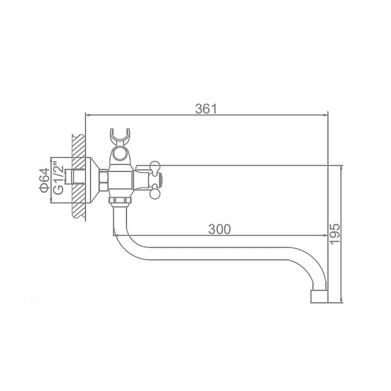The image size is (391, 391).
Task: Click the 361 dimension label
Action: (x=206, y=109)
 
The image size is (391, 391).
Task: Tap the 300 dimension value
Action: (x=220, y=229)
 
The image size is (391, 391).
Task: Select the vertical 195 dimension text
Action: (x=334, y=234)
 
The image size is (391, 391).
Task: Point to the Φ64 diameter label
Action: (x=44, y=180)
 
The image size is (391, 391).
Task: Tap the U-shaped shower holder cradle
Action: (x=120, y=137)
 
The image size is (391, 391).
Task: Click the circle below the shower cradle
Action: (x=119, y=154)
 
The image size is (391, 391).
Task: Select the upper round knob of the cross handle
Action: (x=155, y=165)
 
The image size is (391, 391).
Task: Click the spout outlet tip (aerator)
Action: (x=319, y=297)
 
